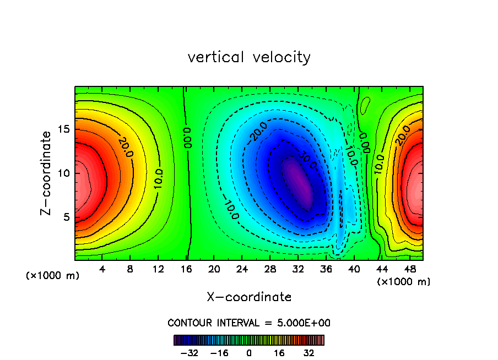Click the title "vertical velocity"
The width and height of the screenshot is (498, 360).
click(x=249, y=57)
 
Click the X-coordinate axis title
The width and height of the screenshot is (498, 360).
click(x=249, y=297)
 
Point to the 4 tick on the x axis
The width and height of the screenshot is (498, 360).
click(x=102, y=270)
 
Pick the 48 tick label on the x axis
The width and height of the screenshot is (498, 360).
click(x=409, y=270)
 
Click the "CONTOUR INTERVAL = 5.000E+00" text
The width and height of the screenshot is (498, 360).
click(x=249, y=323)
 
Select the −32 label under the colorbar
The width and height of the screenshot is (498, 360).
click(x=189, y=353)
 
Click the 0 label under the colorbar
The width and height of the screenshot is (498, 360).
click(x=249, y=353)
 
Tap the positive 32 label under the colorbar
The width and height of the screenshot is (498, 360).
click(x=309, y=353)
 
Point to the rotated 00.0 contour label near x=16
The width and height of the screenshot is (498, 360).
click(x=188, y=138)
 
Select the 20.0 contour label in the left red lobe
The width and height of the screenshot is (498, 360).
click(x=125, y=147)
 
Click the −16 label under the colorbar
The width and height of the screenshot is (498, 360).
click(x=219, y=353)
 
